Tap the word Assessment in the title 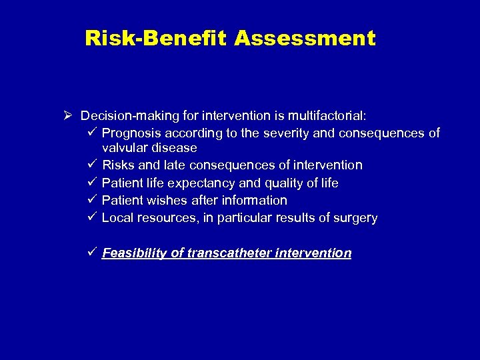[x=305, y=39]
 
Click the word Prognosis [x=131, y=133]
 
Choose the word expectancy [x=199, y=183]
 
